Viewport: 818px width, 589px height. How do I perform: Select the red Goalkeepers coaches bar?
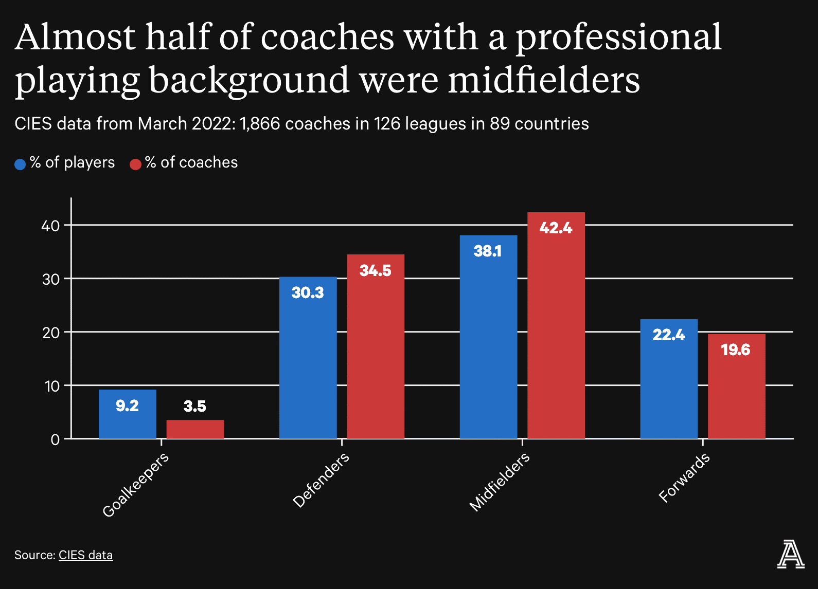click(x=195, y=429)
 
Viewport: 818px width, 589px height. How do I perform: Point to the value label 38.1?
click(x=487, y=251)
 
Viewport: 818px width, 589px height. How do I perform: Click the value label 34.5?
click(x=375, y=270)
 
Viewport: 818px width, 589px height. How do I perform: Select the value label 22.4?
click(x=668, y=335)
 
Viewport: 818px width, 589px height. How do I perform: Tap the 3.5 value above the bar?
click(x=194, y=406)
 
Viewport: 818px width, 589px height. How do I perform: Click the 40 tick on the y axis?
click(x=51, y=225)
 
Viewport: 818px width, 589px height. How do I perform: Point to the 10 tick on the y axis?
click(x=52, y=386)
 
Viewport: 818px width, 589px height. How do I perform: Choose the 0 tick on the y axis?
click(x=55, y=439)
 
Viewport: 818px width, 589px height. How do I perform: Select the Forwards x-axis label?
click(x=684, y=477)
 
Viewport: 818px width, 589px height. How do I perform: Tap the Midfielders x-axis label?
click(x=499, y=482)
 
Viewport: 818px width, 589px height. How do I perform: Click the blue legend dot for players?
click(x=20, y=164)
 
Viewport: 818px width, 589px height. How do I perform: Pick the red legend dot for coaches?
click(x=135, y=164)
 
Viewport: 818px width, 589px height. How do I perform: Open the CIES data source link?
click(x=85, y=555)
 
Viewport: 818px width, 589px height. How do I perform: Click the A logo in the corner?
click(x=790, y=554)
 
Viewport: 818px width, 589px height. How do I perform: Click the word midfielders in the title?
click(x=544, y=80)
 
